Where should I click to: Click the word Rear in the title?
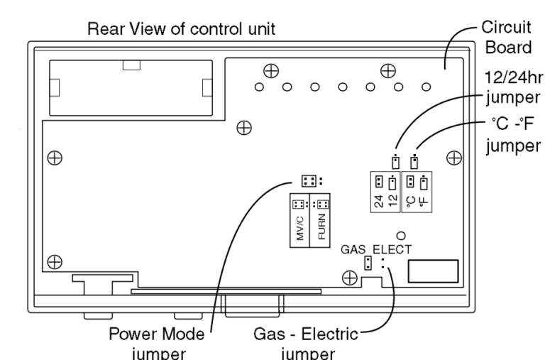click(x=102, y=31)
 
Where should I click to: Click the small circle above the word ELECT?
click(x=401, y=235)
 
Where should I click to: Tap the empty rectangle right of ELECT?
click(x=432, y=272)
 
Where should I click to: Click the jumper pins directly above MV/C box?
click(x=307, y=180)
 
